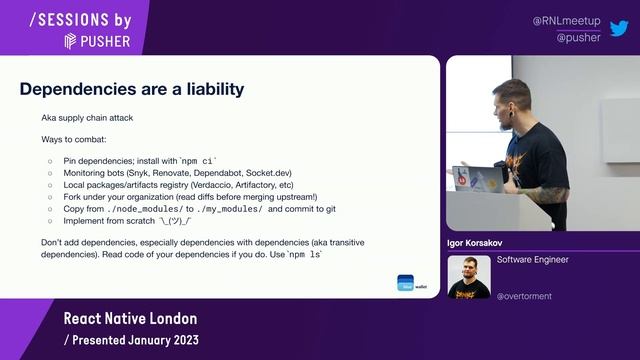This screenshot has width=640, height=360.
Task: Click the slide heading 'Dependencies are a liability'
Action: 132,89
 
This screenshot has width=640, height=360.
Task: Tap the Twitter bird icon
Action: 619,28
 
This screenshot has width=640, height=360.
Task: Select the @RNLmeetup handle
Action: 566,20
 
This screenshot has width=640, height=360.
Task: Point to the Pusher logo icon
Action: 71,41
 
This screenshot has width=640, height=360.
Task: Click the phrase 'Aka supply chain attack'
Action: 86,118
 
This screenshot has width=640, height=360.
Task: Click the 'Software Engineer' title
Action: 532,259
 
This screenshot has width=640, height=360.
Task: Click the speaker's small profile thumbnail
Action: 468,277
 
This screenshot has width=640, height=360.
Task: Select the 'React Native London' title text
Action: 130,319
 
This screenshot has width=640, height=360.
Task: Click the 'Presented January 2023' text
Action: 131,340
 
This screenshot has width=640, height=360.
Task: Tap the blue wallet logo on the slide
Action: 404,282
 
